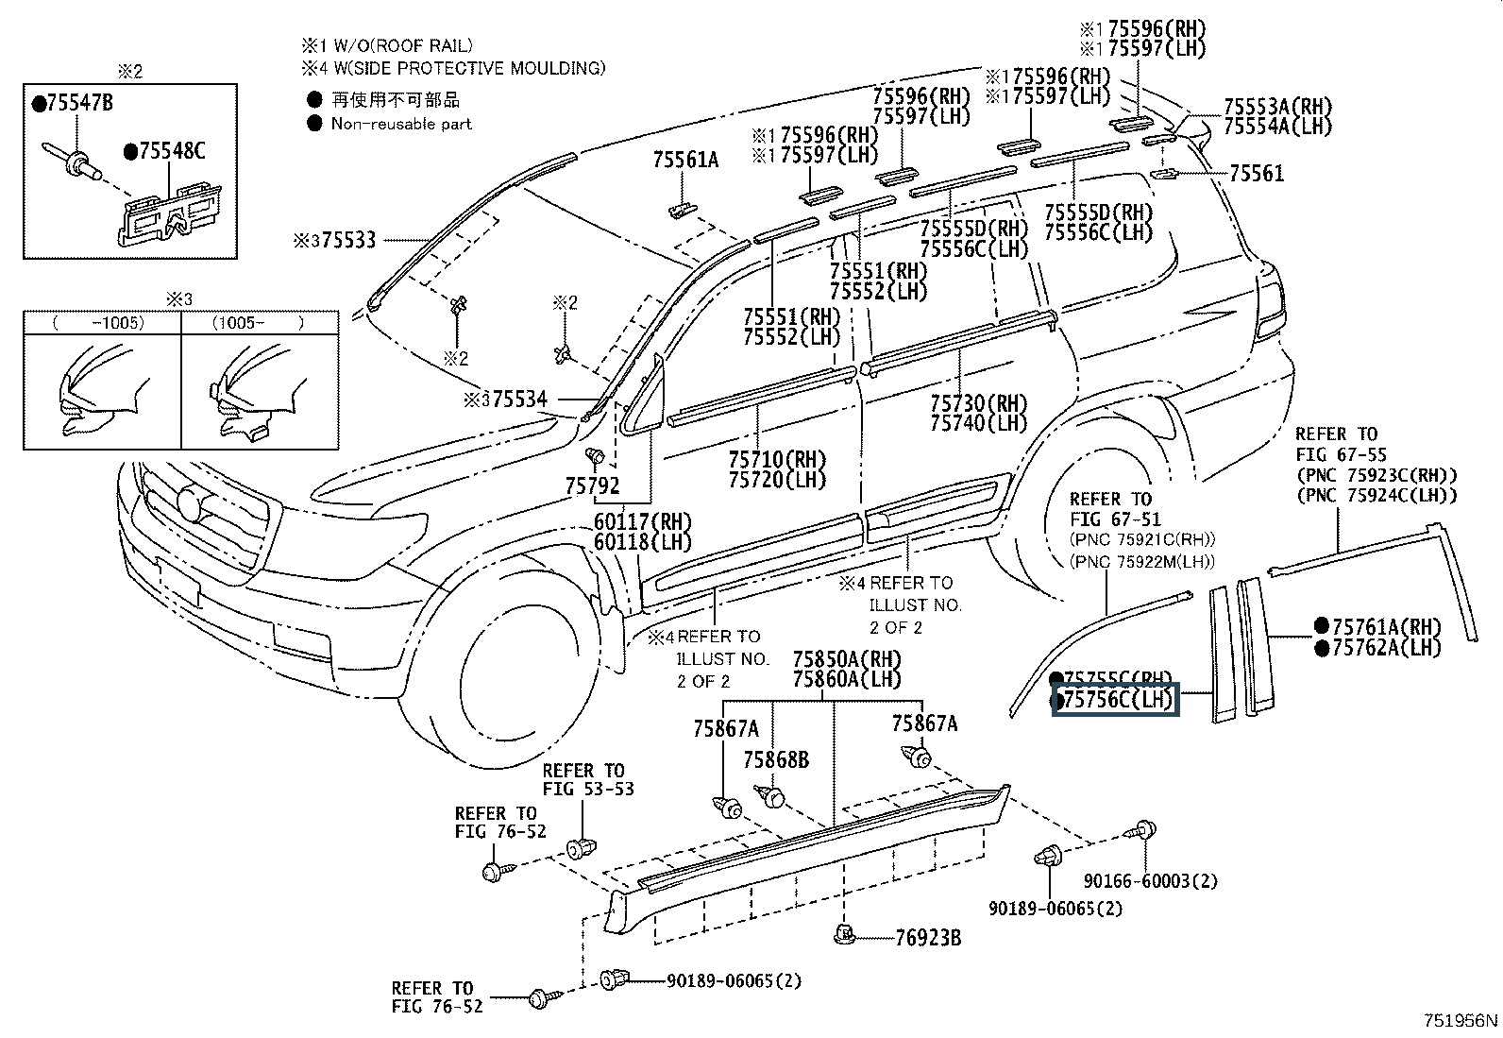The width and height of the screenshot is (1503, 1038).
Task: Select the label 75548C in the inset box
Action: click(171, 151)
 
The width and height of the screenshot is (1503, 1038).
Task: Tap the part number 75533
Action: click(347, 240)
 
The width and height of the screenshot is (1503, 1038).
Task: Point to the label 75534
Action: click(518, 400)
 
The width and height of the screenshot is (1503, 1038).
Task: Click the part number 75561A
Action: click(684, 160)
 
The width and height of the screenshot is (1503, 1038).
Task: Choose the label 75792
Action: click(592, 485)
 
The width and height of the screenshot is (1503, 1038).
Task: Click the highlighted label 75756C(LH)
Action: click(1117, 700)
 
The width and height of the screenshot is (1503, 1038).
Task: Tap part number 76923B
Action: click(928, 938)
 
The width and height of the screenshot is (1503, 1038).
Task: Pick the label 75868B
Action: click(775, 760)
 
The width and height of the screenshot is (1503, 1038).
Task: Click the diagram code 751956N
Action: click(1461, 1021)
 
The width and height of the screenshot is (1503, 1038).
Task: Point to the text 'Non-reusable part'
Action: click(401, 124)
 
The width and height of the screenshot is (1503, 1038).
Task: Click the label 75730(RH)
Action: click(978, 403)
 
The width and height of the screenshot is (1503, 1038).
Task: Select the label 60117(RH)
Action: click(643, 521)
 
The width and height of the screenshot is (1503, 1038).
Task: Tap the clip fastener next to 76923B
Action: click(846, 935)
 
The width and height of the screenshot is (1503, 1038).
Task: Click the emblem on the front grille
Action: click(190, 503)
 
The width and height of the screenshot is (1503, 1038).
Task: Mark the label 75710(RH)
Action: click(777, 459)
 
